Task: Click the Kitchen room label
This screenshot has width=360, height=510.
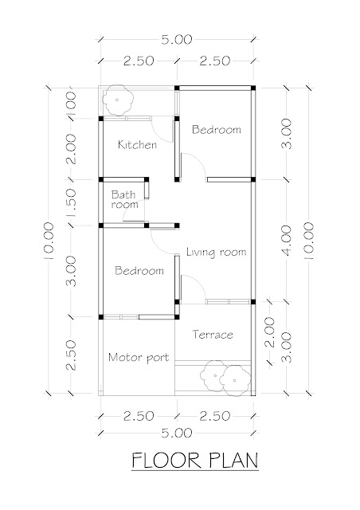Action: click(x=137, y=144)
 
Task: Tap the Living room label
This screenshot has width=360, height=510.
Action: click(x=217, y=252)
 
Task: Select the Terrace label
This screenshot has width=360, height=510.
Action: click(x=213, y=335)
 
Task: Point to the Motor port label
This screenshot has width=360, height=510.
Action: click(x=139, y=358)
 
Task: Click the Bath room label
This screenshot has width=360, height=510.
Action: click(x=124, y=199)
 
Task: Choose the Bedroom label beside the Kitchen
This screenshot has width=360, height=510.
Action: click(x=217, y=129)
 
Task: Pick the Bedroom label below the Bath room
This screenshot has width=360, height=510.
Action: click(x=139, y=271)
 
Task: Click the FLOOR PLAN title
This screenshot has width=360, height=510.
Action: click(x=195, y=461)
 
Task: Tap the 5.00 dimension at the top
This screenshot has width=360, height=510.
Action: click(x=177, y=40)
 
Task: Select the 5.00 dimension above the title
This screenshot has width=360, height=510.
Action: click(x=177, y=433)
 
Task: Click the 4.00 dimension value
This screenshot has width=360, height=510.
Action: click(x=287, y=241)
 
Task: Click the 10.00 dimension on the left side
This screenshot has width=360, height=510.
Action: click(x=48, y=241)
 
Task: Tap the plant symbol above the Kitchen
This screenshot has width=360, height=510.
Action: click(x=118, y=100)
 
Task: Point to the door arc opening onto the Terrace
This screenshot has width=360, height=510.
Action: click(x=199, y=282)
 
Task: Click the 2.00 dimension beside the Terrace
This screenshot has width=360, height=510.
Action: click(x=269, y=332)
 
